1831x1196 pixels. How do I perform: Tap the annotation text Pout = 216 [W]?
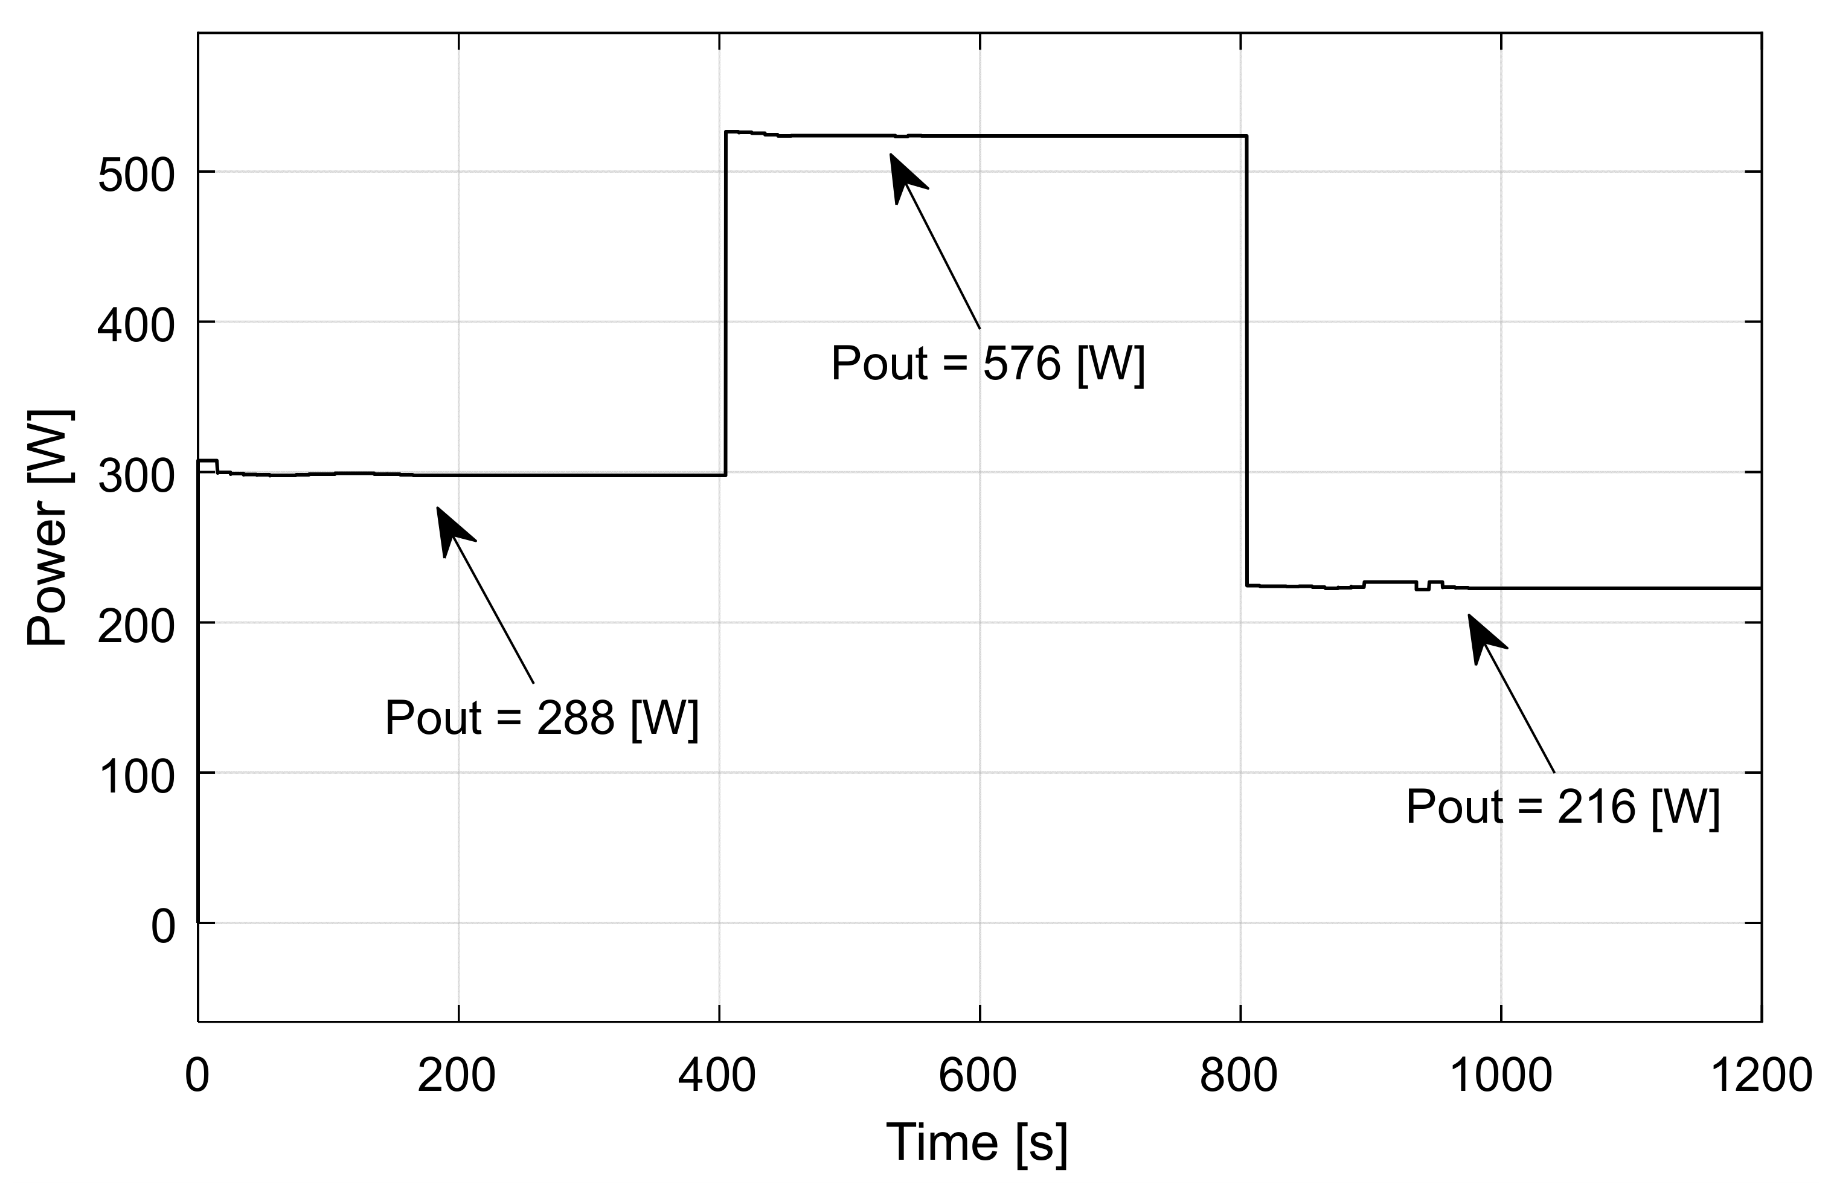(x=1562, y=806)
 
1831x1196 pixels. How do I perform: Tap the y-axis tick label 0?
(x=163, y=927)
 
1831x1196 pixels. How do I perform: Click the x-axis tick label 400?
(x=717, y=1075)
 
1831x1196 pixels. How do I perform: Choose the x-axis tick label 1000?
(x=1500, y=1075)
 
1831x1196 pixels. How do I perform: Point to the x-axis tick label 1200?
(x=1760, y=1075)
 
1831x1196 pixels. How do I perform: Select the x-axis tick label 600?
(x=978, y=1075)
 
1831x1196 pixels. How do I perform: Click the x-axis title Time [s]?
(x=977, y=1142)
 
